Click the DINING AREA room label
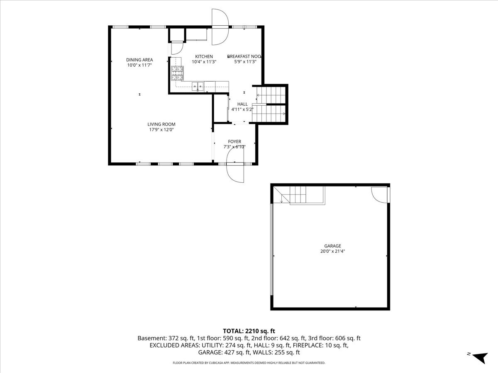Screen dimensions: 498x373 (139, 60)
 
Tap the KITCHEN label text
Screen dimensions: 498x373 (204, 56)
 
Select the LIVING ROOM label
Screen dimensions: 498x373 (161, 124)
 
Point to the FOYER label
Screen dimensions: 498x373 (234, 142)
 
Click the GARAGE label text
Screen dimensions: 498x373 (332, 246)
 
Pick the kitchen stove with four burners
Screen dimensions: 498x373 (177, 73)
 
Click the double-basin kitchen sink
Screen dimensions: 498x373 (198, 87)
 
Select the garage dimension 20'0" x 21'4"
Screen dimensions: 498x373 (332, 251)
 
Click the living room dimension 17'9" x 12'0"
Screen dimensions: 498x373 (161, 130)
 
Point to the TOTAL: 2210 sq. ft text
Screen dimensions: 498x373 (249, 331)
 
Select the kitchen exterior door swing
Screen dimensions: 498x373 (220, 27)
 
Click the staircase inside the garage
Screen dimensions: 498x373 (299, 195)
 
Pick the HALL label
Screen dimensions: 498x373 (242, 104)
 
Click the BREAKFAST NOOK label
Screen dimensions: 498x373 (244, 56)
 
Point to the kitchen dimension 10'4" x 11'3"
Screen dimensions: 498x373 (204, 62)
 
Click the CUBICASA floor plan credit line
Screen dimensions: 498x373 (249, 363)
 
